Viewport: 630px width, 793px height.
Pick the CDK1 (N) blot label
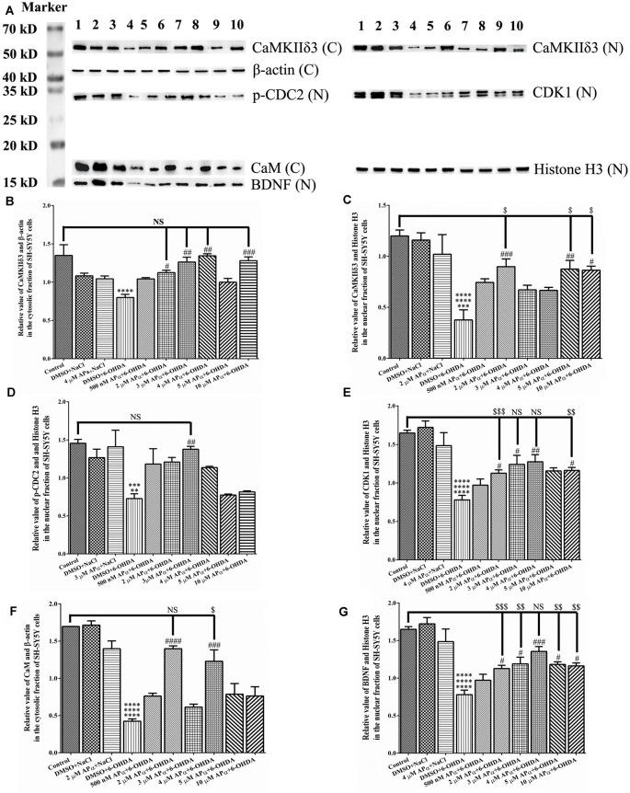(567, 93)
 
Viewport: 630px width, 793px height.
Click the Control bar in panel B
(63, 306)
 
